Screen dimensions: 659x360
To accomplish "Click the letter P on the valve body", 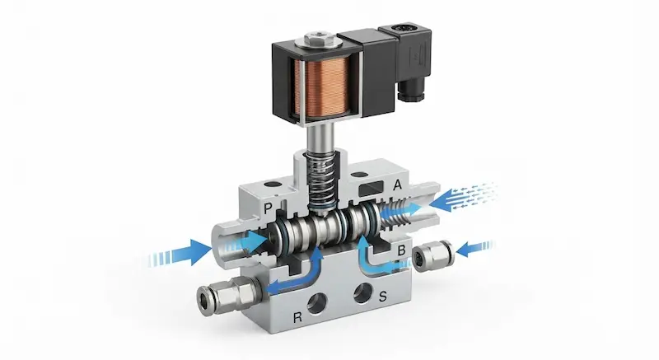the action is point(269,208).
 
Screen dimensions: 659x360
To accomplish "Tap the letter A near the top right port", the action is point(397,185).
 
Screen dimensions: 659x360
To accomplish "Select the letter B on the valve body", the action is point(401,250).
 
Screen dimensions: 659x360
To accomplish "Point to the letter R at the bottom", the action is point(297,317).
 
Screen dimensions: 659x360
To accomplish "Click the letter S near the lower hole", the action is point(382,297).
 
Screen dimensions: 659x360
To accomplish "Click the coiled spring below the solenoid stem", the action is point(321,181).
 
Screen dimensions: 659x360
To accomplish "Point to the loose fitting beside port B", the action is point(433,255).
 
